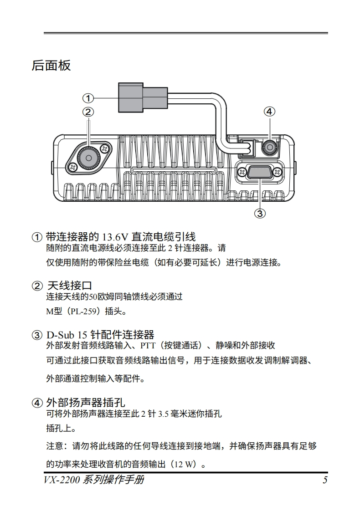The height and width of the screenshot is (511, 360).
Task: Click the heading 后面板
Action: (51, 66)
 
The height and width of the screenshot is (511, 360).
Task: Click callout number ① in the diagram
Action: (88, 98)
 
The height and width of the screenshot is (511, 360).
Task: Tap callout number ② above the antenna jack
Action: (88, 112)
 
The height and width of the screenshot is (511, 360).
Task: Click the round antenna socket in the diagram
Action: (88, 157)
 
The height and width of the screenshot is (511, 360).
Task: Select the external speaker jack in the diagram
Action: (269, 147)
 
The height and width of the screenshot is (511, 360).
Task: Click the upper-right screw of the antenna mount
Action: (105, 148)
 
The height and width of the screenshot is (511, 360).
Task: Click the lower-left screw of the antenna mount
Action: (72, 167)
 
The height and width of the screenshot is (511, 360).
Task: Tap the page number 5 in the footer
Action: (325, 480)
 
